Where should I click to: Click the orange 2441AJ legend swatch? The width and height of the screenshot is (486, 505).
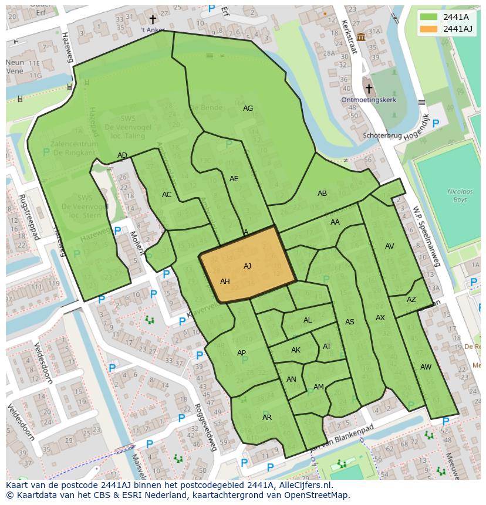click(429, 29)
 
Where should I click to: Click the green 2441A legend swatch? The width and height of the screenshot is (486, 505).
click(429, 17)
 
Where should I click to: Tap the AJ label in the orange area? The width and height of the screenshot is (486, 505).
click(247, 266)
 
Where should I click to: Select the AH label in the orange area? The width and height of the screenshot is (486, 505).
click(225, 282)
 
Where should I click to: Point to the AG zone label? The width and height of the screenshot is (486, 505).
click(248, 109)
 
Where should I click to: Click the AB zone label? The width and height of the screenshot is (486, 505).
click(322, 194)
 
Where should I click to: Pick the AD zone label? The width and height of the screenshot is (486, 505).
click(122, 155)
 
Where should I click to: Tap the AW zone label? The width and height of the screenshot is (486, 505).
click(426, 367)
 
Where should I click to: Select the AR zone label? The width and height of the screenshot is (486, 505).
click(267, 418)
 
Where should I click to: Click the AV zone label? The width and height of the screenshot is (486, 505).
click(390, 246)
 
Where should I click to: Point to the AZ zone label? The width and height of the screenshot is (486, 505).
click(411, 300)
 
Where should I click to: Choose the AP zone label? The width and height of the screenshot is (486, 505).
click(241, 353)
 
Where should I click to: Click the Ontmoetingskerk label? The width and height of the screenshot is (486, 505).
click(369, 100)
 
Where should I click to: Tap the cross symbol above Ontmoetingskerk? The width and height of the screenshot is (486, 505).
click(369, 89)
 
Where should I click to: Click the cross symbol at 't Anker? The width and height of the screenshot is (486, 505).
click(153, 20)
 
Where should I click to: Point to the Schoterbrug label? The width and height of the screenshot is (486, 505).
click(382, 135)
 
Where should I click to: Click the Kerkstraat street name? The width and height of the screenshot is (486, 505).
click(349, 37)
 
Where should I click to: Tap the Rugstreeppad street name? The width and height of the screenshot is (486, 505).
click(28, 217)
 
